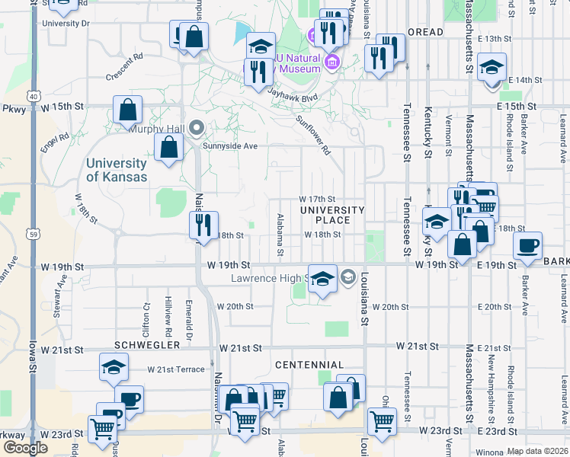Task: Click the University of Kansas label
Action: pos(116,170)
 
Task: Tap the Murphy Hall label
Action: pos(159,128)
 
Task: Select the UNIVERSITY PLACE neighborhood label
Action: pos(332,215)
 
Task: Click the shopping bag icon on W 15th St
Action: pos(127,109)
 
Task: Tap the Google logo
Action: pos(25,448)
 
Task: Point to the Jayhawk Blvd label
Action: pos(292,94)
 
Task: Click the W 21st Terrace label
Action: pos(176,369)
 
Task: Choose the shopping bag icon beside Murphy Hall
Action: pos(168,147)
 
